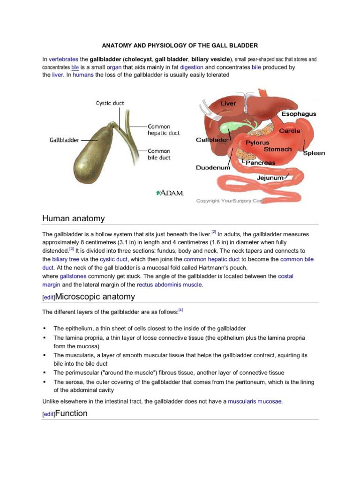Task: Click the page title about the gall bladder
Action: click(x=180, y=45)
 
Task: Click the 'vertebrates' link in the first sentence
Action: click(x=63, y=60)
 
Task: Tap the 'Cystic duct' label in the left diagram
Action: click(x=110, y=103)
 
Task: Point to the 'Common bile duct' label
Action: click(x=159, y=154)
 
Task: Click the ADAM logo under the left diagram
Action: click(x=169, y=193)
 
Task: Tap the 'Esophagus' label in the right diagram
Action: click(x=299, y=114)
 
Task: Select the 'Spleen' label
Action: click(x=314, y=153)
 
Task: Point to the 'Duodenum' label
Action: click(x=213, y=167)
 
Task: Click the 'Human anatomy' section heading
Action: click(x=74, y=218)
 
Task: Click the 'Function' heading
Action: click(x=71, y=413)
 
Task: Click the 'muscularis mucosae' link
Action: click(x=255, y=401)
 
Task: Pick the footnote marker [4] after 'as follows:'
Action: click(x=180, y=310)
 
